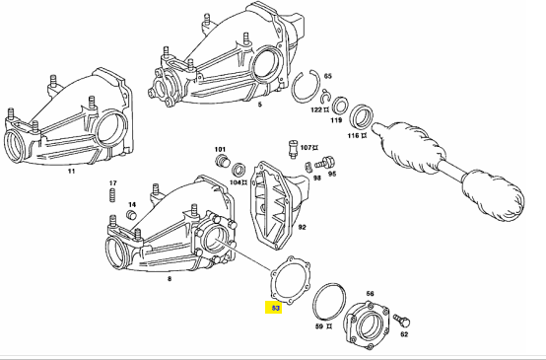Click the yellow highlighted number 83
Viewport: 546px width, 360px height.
pos(274,308)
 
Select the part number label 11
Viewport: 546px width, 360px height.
pos(71,171)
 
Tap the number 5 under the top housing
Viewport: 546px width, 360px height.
pos(260,105)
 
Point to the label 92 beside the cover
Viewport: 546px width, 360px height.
pos(302,227)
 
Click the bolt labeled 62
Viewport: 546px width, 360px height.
pos(401,321)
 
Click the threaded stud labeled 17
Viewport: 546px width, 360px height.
pos(112,195)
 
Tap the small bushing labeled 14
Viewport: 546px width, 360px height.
pos(131,215)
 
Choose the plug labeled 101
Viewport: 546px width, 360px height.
pos(222,161)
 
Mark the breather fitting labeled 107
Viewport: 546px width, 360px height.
pos(293,149)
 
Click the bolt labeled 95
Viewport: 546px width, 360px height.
pos(325,163)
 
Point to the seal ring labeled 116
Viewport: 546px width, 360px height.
pos(361,115)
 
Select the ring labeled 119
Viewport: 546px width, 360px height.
pos(339,106)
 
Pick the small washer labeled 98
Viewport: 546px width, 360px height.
pos(307,168)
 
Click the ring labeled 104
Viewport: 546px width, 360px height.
pos(239,170)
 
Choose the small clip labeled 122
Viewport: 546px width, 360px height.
pos(325,98)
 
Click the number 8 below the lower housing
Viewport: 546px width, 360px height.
pos(170,279)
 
